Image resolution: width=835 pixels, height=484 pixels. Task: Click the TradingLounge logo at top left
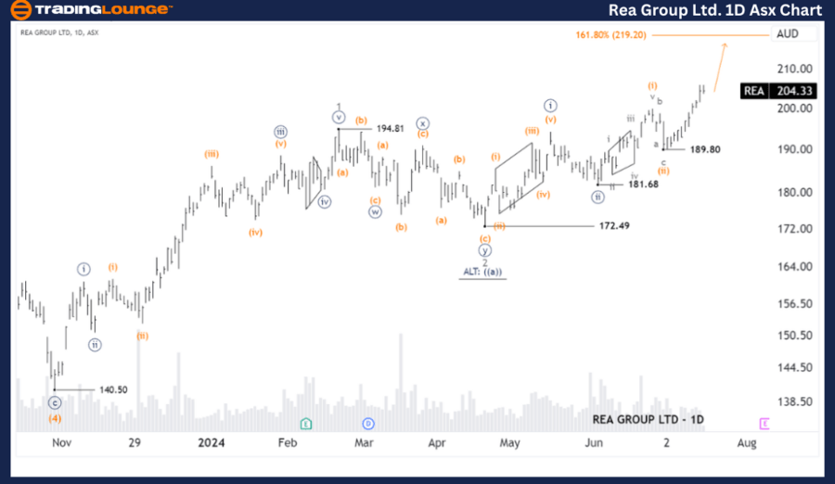pyautogui.click(x=91, y=10)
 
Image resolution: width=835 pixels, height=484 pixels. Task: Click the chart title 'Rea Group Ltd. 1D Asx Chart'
pyautogui.click(x=715, y=10)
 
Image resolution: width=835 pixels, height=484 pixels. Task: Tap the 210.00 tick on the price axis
pyautogui.click(x=794, y=69)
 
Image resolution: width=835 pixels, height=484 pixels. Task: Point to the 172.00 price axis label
pyautogui.click(x=794, y=228)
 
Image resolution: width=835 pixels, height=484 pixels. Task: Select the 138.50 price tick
pyautogui.click(x=794, y=401)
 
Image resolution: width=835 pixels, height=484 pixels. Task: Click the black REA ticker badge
pyautogui.click(x=754, y=91)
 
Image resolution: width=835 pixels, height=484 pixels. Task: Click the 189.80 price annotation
pyautogui.click(x=704, y=148)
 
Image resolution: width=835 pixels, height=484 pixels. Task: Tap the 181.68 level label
pyautogui.click(x=644, y=185)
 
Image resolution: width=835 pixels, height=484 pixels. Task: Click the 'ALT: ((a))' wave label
pyautogui.click(x=482, y=272)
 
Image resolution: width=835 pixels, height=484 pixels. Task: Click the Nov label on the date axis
pyautogui.click(x=61, y=443)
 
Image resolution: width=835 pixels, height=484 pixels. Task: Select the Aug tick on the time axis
pyautogui.click(x=746, y=443)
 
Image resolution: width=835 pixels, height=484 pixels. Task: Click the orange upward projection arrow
pyautogui.click(x=720, y=61)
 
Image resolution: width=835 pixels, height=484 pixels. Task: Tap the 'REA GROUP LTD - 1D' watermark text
pyautogui.click(x=649, y=419)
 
